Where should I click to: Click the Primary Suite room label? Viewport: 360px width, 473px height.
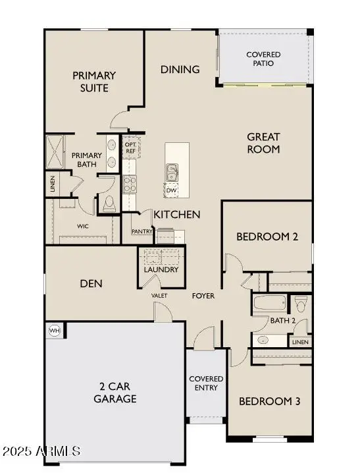point(94,82)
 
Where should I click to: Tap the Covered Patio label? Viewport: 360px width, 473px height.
point(263,59)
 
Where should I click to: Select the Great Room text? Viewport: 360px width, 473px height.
point(263,143)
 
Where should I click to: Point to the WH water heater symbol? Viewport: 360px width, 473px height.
point(54,330)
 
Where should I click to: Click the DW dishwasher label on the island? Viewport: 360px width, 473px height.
point(172,190)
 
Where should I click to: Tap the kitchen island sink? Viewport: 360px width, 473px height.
point(172,172)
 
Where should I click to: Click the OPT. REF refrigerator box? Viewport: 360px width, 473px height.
point(130,148)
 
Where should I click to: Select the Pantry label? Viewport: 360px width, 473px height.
point(142,232)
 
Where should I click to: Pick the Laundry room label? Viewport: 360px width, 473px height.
point(161,269)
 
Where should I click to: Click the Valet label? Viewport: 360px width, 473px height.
point(159,296)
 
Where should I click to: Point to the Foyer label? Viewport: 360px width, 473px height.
point(203,296)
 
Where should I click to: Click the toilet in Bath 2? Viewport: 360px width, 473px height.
point(301,305)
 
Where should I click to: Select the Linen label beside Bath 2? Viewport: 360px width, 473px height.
point(300,342)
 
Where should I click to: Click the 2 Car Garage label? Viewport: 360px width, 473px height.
point(115,393)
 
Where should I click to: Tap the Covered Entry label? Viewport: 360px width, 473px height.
point(206,383)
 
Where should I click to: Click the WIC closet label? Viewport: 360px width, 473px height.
point(83,226)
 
